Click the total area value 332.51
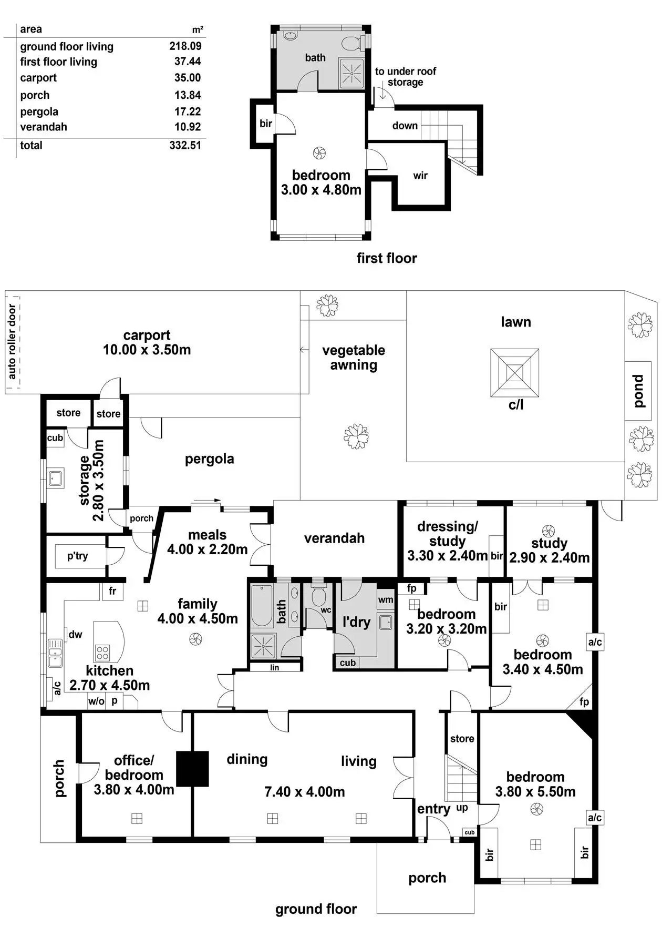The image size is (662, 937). point(185,146)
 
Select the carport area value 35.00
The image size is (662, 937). point(188,78)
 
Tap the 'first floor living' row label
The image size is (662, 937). point(59,62)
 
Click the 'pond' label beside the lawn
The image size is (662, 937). point(638,391)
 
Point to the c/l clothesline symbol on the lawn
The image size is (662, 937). point(515,373)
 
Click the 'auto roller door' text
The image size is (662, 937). point(12,342)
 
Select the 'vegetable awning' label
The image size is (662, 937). point(354,358)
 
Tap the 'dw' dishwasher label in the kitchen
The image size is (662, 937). point(76,634)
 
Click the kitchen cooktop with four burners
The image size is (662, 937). point(102,653)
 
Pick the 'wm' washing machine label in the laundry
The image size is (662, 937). point(386,600)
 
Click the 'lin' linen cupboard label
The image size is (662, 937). point(275,668)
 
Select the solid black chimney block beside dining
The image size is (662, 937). point(192,768)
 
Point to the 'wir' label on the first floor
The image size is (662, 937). point(420,176)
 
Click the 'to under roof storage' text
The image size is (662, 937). point(406,77)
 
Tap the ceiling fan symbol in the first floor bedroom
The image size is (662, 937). point(319,154)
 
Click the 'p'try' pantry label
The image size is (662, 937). point(78,556)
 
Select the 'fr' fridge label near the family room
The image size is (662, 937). point(112,591)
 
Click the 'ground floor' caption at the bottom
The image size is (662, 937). point(316,909)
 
